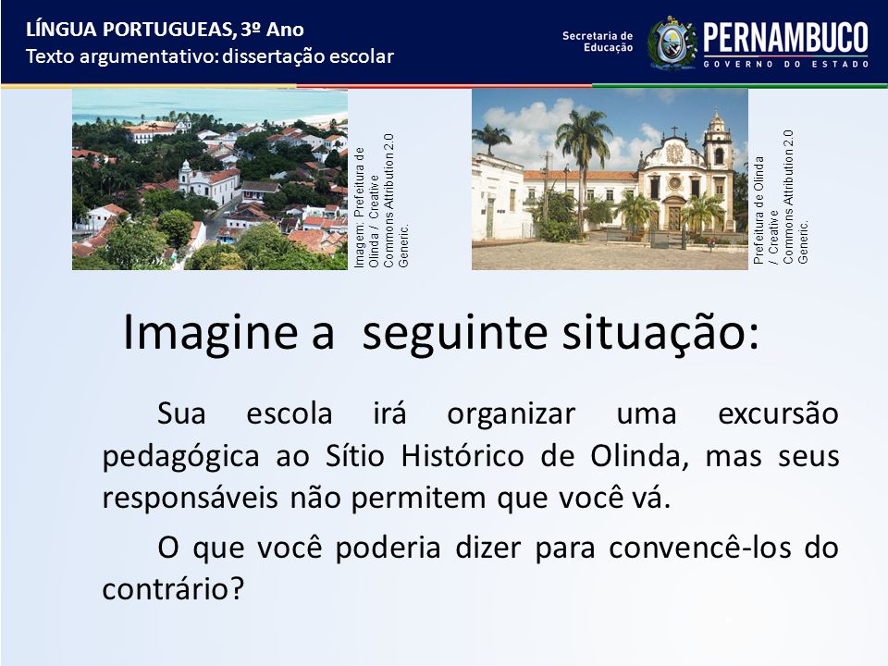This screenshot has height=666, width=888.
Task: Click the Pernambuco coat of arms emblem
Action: coord(672,43)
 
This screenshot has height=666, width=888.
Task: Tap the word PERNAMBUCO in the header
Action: coord(785,38)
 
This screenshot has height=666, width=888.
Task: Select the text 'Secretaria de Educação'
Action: coord(598,42)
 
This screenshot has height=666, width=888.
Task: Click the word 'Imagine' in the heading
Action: coord(210,333)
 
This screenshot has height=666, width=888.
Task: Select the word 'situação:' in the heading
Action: coord(660,333)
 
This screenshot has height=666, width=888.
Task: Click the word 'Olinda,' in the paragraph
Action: coord(639,456)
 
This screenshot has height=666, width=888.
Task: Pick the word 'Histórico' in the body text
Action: coord(462,456)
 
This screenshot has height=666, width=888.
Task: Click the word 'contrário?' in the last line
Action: coord(173,589)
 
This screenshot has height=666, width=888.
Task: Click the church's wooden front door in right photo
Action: coord(674,217)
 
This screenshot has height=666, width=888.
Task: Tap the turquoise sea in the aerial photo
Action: coord(210,105)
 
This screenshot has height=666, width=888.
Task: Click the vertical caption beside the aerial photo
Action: coord(381,201)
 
